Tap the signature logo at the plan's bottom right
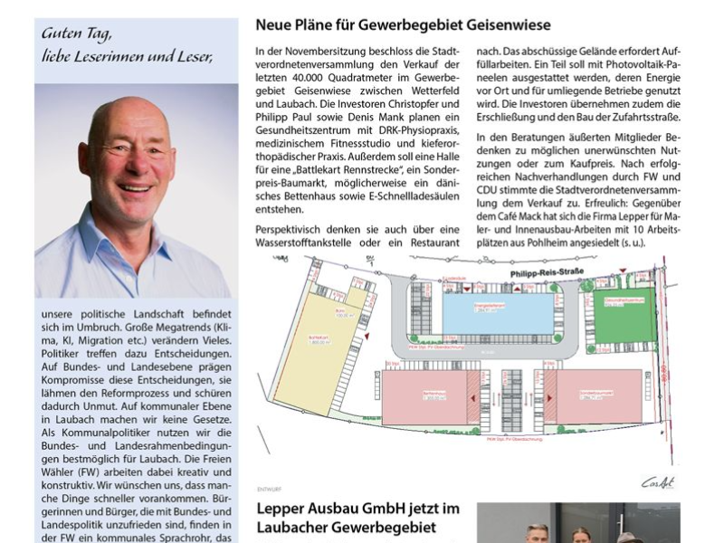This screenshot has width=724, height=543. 658,481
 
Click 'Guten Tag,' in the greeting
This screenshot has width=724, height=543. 77,33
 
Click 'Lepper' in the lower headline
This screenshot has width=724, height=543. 281,510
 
